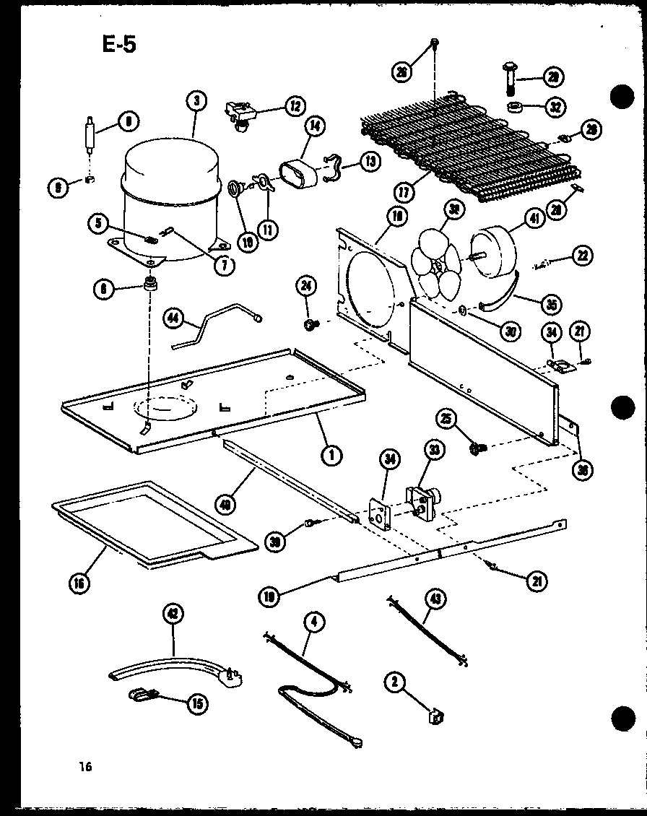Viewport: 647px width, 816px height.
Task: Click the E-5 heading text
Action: tap(118, 45)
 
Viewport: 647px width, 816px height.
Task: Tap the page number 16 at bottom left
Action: tap(87, 767)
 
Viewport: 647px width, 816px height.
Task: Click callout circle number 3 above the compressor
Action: tap(196, 100)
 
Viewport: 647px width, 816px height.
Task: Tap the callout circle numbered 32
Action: tap(555, 108)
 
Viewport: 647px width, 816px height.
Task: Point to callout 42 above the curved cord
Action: tap(174, 614)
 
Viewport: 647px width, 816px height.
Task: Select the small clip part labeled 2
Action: tap(435, 716)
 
